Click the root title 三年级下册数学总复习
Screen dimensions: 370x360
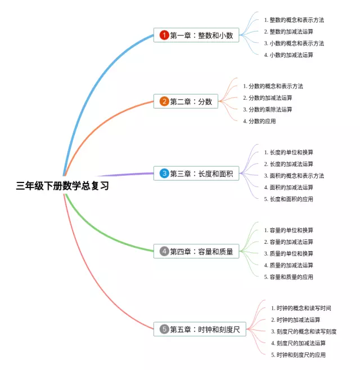(62, 186)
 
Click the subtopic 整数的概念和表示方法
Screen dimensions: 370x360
(294, 20)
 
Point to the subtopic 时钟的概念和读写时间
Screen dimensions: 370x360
(301, 308)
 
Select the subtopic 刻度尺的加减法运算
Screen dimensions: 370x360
(298, 343)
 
